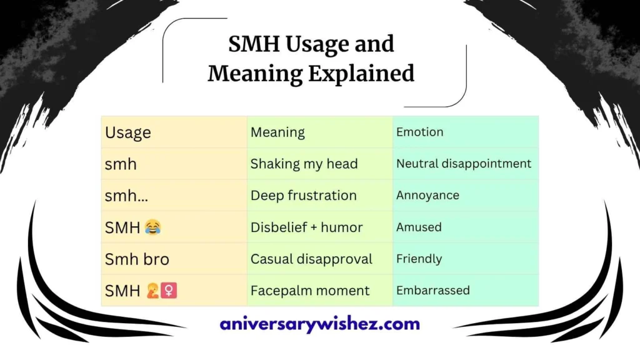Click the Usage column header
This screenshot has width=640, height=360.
pyautogui.click(x=128, y=132)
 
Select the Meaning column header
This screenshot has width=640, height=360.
pyautogui.click(x=277, y=132)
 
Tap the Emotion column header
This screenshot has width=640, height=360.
pyautogui.click(x=419, y=132)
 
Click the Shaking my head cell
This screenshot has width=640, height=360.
pyautogui.click(x=304, y=164)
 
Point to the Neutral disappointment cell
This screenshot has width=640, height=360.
pyautogui.click(x=464, y=164)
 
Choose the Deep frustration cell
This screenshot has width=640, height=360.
pyautogui.click(x=303, y=196)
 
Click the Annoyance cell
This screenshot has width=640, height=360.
pyautogui.click(x=427, y=196)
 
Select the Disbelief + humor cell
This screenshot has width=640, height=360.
pyautogui.click(x=306, y=227)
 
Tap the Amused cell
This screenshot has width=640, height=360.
pyautogui.click(x=419, y=227)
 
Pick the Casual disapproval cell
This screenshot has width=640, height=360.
pyautogui.click(x=311, y=259)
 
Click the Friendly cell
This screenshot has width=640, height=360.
pyautogui.click(x=419, y=259)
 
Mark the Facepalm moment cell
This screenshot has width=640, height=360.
pyautogui.click(x=310, y=291)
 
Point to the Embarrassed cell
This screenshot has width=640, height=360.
pyautogui.click(x=432, y=291)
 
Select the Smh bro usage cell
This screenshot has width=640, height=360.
pyautogui.click(x=137, y=259)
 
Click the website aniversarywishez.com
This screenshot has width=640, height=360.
pyautogui.click(x=319, y=324)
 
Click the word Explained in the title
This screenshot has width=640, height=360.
pyautogui.click(x=361, y=74)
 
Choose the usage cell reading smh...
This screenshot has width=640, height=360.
pyautogui.click(x=121, y=164)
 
